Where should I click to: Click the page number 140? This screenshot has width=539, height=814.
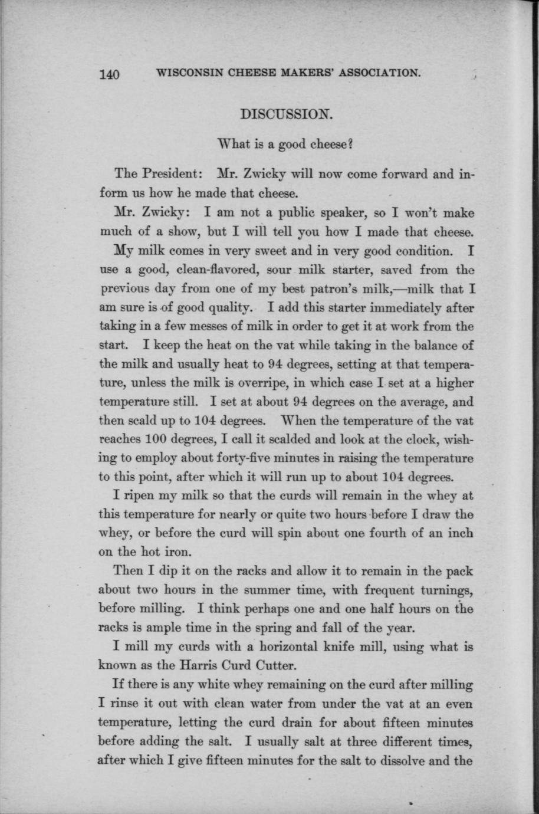click(110, 75)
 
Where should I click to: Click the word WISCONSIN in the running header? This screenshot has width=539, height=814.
click(186, 73)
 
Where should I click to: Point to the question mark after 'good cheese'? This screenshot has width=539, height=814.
click(350, 143)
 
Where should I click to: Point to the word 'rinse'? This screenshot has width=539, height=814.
click(123, 704)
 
